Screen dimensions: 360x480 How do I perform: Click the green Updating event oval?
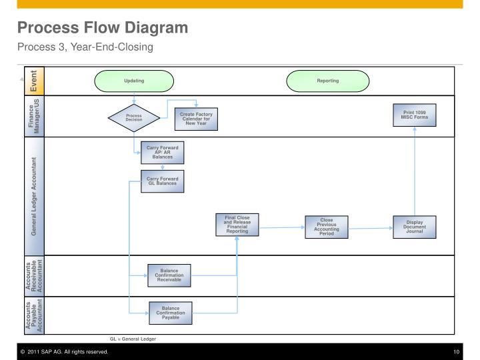(134, 81)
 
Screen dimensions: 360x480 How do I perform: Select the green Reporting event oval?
(327, 81)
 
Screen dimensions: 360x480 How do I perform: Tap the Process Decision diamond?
(134, 118)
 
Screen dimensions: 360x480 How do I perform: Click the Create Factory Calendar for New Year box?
(196, 118)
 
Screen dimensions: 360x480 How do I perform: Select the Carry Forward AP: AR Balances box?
(162, 153)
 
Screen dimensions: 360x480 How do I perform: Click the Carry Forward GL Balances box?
(162, 181)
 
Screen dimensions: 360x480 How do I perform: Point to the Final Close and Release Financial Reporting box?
(237, 225)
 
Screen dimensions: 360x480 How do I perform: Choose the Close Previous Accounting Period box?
(327, 227)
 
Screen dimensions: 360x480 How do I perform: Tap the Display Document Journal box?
(415, 227)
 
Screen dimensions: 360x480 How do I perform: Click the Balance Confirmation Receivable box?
(170, 275)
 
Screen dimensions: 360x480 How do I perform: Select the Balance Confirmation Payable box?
(171, 312)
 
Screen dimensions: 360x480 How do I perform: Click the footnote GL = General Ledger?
(133, 339)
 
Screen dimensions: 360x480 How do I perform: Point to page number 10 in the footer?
(456, 351)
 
